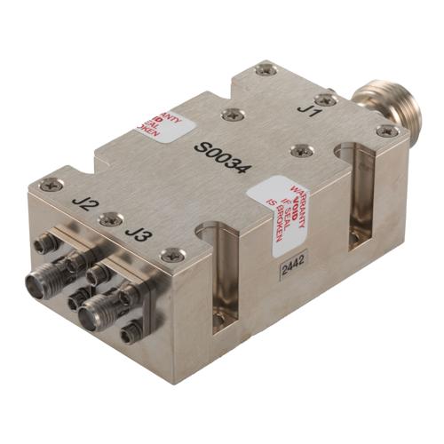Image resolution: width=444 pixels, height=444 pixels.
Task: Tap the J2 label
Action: click(x=85, y=205)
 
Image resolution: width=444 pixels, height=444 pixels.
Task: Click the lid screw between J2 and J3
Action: click(x=110, y=218)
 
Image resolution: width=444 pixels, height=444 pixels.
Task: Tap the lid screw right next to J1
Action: click(x=327, y=100)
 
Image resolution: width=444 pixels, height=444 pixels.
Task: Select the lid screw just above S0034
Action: click(x=233, y=114)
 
